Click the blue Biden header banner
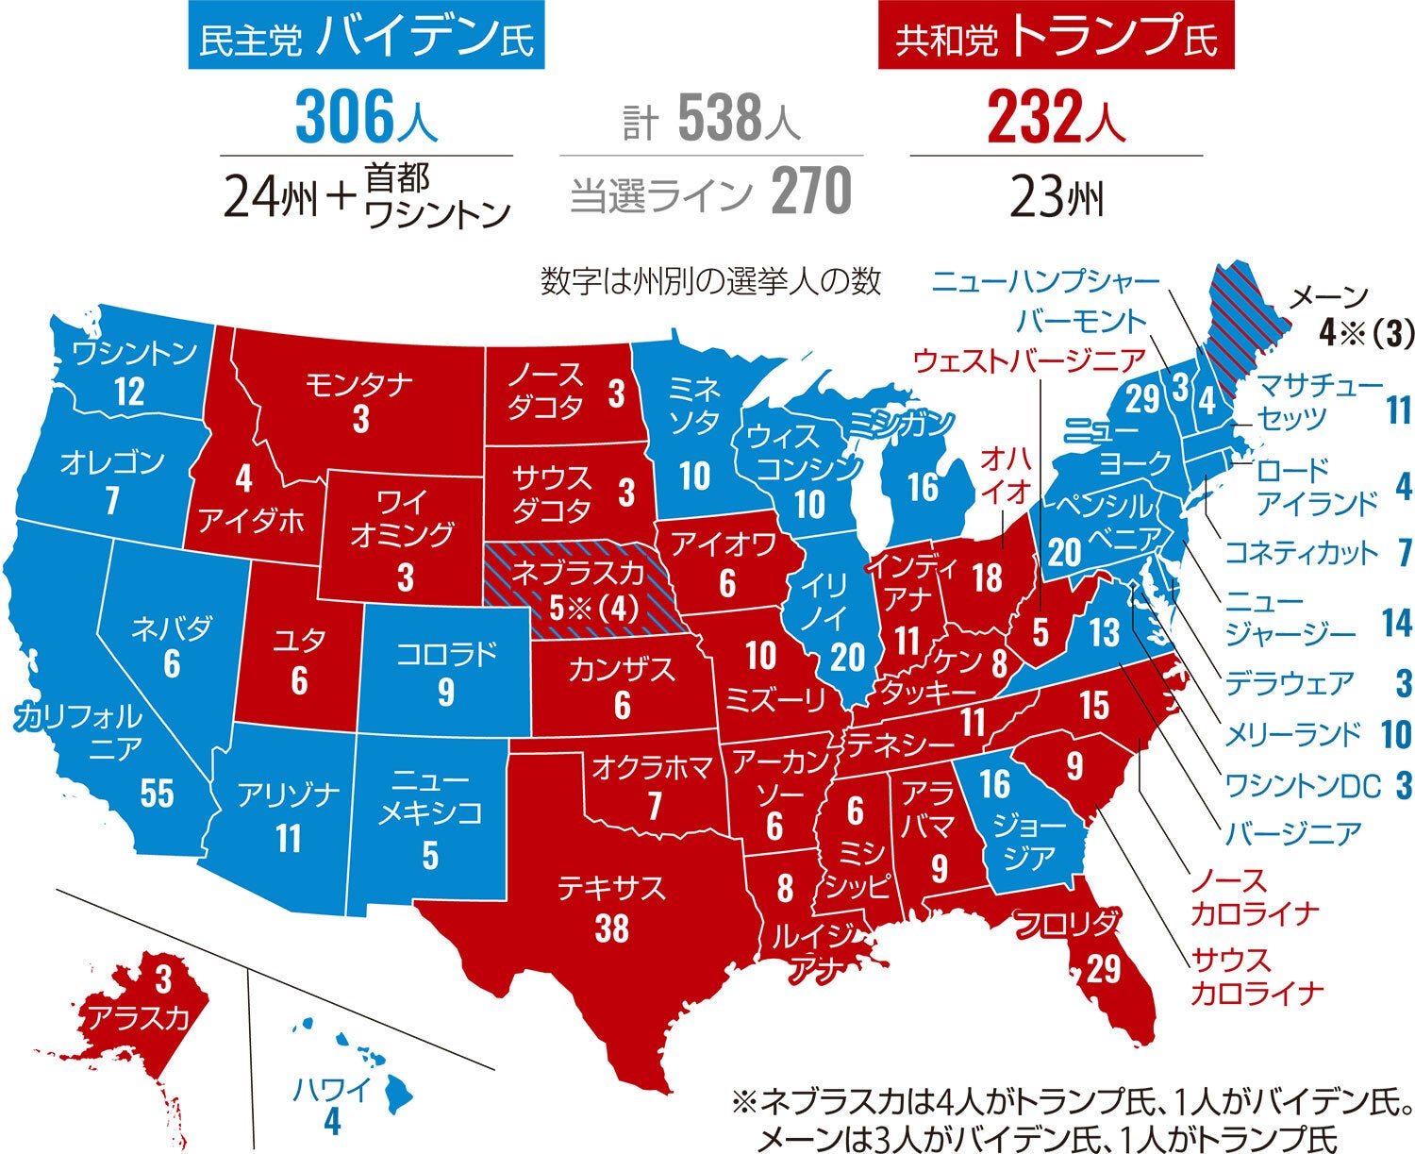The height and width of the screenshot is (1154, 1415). [x=366, y=37]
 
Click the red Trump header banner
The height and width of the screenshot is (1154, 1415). [x=1056, y=37]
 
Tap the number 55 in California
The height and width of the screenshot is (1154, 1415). [x=157, y=794]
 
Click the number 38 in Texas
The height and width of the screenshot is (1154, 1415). [x=611, y=928]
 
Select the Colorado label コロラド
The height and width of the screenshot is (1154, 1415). [x=445, y=654]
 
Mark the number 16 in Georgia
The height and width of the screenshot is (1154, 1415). [x=994, y=783]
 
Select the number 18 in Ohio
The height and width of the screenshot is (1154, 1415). [x=987, y=577]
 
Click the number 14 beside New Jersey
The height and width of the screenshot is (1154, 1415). [x=1395, y=624]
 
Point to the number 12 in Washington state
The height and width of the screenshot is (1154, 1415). [x=128, y=392]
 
